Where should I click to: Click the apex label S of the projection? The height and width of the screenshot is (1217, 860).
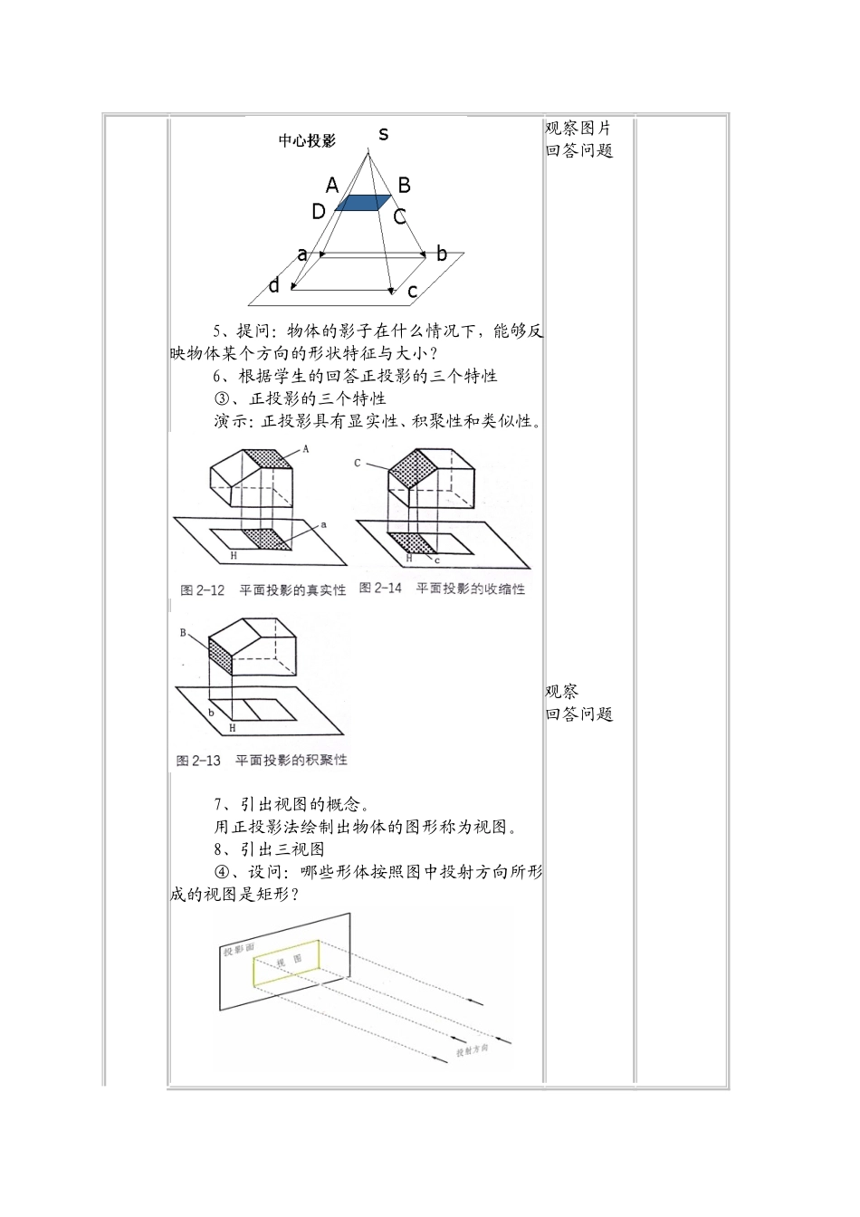[384, 134]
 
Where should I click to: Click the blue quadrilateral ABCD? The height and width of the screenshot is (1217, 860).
[363, 203]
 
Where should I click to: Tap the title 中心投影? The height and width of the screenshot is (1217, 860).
[307, 140]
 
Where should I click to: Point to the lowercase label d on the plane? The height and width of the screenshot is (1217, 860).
[273, 286]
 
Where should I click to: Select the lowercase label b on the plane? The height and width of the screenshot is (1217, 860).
[442, 254]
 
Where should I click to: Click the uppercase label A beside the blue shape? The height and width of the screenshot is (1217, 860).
[332, 186]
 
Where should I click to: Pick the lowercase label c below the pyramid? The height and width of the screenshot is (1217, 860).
[412, 291]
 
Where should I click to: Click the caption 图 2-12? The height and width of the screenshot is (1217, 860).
[202, 590]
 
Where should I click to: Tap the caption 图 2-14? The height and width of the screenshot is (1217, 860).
[380, 589]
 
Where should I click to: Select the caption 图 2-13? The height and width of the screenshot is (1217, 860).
[198, 760]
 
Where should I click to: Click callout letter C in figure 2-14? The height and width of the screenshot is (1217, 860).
[358, 463]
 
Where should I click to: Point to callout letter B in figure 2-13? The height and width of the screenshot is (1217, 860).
[183, 633]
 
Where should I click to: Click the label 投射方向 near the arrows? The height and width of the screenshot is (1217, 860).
[472, 1050]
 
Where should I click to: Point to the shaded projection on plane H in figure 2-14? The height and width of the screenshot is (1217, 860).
[417, 543]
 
